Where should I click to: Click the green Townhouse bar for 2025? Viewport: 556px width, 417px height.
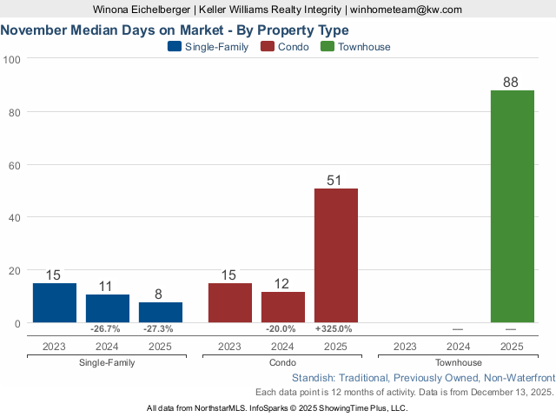[512, 206]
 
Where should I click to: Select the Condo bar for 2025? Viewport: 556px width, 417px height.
[336, 255]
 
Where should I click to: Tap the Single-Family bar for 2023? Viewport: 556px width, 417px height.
[55, 303]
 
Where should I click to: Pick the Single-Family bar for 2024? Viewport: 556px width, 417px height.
[108, 308]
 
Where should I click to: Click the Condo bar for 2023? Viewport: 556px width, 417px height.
[230, 303]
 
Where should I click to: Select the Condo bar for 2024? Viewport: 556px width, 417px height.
[283, 307]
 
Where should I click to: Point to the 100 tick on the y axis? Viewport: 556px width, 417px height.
[12, 59]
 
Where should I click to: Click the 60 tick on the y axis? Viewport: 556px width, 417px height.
[15, 165]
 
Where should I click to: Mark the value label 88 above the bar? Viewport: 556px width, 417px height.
[512, 83]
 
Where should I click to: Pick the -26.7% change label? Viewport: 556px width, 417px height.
[108, 329]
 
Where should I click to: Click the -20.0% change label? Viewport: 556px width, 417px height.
[283, 329]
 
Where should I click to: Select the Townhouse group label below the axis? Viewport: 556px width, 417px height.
[459, 362]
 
